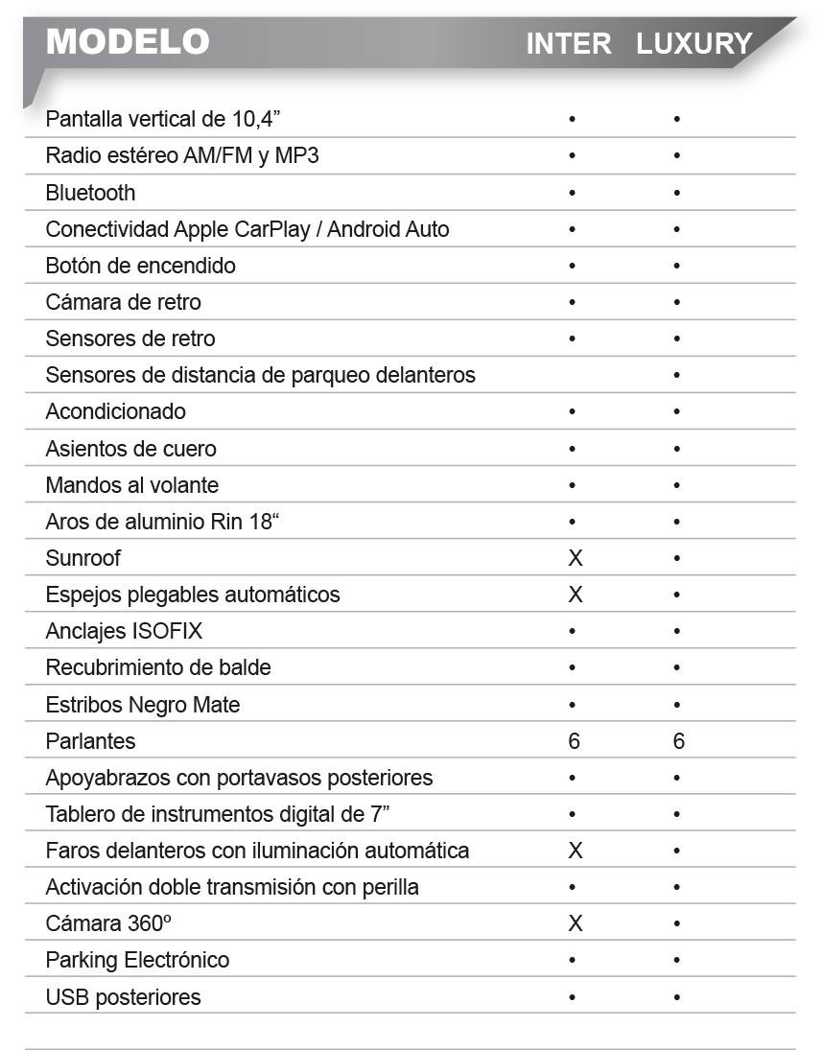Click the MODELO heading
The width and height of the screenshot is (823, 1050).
pyautogui.click(x=128, y=41)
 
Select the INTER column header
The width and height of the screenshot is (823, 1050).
pyautogui.click(x=568, y=44)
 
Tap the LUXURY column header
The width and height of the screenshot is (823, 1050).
pyautogui.click(x=694, y=44)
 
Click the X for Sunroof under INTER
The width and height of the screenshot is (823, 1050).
pyautogui.click(x=575, y=558)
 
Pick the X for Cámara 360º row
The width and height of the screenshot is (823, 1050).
pyautogui.click(x=575, y=923)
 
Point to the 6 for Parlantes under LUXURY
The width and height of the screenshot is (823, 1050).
pyautogui.click(x=677, y=741)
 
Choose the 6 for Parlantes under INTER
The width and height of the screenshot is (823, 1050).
pyautogui.click(x=574, y=741)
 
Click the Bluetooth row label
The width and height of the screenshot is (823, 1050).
pyautogui.click(x=90, y=193)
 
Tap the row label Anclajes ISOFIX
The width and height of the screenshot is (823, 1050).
pyautogui.click(x=124, y=631)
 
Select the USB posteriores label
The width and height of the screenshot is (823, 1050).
pyautogui.click(x=123, y=996)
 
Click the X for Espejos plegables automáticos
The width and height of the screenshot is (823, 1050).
pyautogui.click(x=575, y=595)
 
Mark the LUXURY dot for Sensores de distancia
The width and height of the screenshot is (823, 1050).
pyautogui.click(x=676, y=375)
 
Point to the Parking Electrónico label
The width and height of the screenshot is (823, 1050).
pyautogui.click(x=137, y=960)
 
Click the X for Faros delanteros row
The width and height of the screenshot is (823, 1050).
pyautogui.click(x=575, y=851)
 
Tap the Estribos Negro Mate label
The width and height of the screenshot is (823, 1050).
pyautogui.click(x=142, y=705)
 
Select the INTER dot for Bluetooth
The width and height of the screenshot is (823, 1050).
pyautogui.click(x=572, y=193)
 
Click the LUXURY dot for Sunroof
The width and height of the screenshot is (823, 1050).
pyautogui.click(x=676, y=558)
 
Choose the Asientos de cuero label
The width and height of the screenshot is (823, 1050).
pyautogui.click(x=130, y=449)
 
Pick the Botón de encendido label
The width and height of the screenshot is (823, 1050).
pyautogui.click(x=140, y=266)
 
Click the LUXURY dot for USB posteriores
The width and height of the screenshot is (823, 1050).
pyautogui.click(x=676, y=997)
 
